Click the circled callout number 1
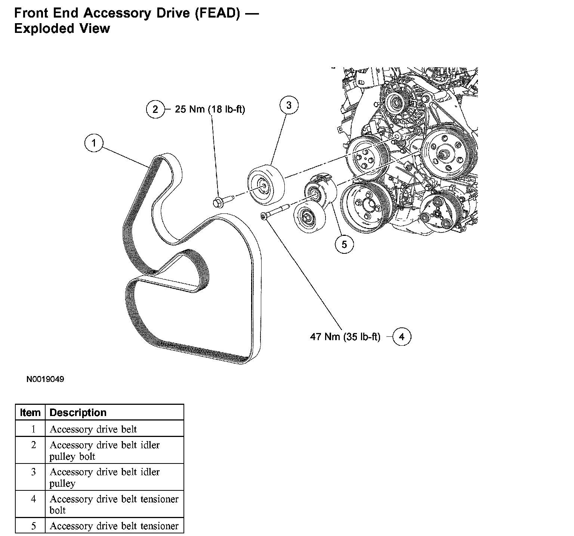pyautogui.click(x=94, y=143)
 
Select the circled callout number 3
pyautogui.click(x=289, y=105)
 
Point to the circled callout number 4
pyautogui.click(x=402, y=337)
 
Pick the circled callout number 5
pyautogui.click(x=344, y=244)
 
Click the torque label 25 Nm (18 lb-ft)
pyautogui.click(x=210, y=109)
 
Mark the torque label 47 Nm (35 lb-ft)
pyautogui.click(x=345, y=337)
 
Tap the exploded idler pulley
pyautogui.click(x=266, y=185)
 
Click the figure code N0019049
pyautogui.click(x=45, y=379)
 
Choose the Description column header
pyautogui.click(x=78, y=412)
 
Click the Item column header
pyautogui.click(x=30, y=412)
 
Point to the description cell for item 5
pyautogui.click(x=114, y=526)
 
